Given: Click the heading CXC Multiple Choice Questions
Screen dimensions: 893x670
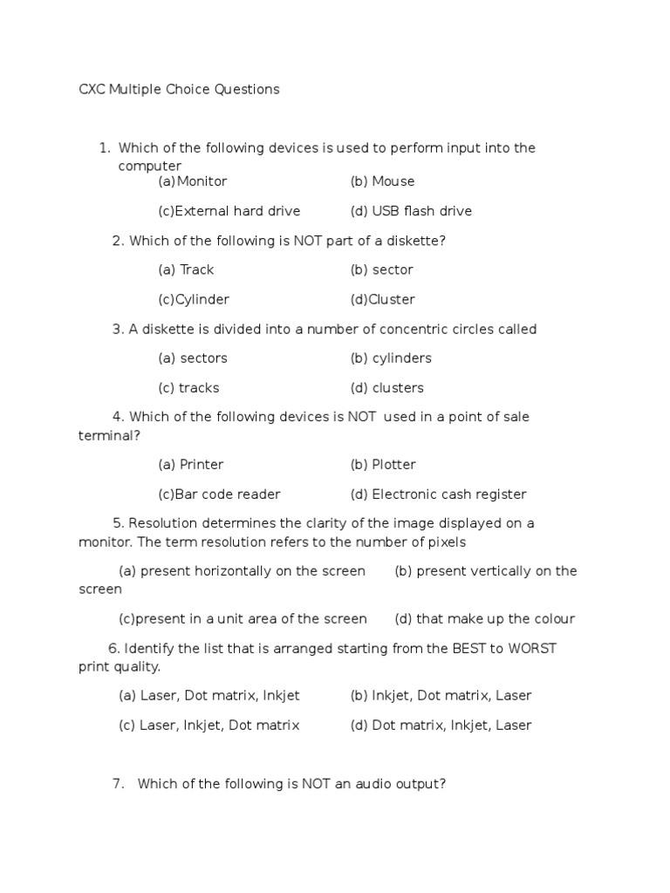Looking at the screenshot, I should click(x=179, y=89).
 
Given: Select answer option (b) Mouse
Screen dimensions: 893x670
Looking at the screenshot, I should click(x=382, y=181).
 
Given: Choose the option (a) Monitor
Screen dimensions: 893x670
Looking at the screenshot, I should click(x=192, y=181).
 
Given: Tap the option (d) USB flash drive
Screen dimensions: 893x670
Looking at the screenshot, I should click(x=411, y=211).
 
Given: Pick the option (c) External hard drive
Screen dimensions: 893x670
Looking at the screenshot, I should click(x=229, y=211).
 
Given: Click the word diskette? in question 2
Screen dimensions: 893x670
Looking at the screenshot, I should click(x=417, y=241).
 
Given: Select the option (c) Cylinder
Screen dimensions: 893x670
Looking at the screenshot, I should click(x=193, y=299).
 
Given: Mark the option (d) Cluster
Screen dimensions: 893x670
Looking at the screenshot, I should click(x=382, y=299).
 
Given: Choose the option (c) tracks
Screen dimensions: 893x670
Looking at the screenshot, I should click(x=188, y=387).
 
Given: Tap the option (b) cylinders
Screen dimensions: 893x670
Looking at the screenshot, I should click(x=391, y=358).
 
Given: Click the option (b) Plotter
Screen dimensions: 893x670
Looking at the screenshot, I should click(x=383, y=464).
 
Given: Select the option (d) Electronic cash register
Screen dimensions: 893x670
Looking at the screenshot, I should click(x=438, y=494).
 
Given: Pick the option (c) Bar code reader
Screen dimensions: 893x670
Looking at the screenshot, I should click(x=219, y=494).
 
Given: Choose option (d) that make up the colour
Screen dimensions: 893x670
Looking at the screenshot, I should click(x=484, y=619).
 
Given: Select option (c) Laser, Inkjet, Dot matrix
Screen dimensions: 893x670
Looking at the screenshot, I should click(x=209, y=725).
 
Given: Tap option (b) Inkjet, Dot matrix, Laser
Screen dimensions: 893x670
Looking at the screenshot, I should click(x=441, y=695).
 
